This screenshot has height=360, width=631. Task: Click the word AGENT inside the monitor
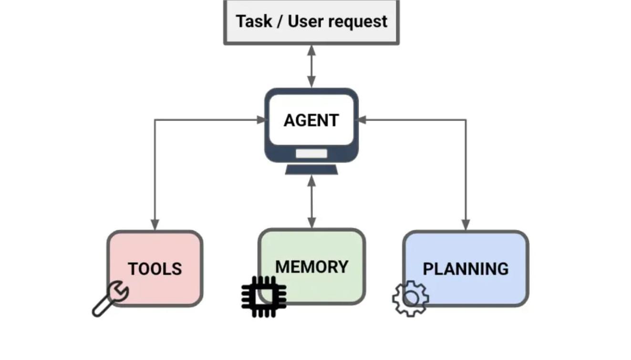tap(311, 120)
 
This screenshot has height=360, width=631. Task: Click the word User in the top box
tap(305, 21)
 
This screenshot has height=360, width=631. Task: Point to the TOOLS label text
tap(155, 269)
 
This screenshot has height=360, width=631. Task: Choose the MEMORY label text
tap(311, 267)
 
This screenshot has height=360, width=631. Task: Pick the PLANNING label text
tap(465, 269)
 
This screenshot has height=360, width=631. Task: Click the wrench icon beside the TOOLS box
tap(110, 298)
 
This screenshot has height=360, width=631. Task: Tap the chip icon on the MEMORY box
tap(264, 296)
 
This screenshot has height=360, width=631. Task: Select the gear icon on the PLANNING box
tap(410, 298)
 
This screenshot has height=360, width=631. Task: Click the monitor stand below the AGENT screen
tap(311, 169)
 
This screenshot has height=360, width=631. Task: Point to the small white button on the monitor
tap(311, 154)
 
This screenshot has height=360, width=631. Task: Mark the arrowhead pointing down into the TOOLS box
tap(155, 225)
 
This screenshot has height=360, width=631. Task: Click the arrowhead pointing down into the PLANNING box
tap(466, 225)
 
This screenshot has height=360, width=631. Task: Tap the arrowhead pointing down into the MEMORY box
tap(311, 223)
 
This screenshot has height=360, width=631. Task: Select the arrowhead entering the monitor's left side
tap(261, 120)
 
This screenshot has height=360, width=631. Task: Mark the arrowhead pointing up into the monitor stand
tap(311, 180)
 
